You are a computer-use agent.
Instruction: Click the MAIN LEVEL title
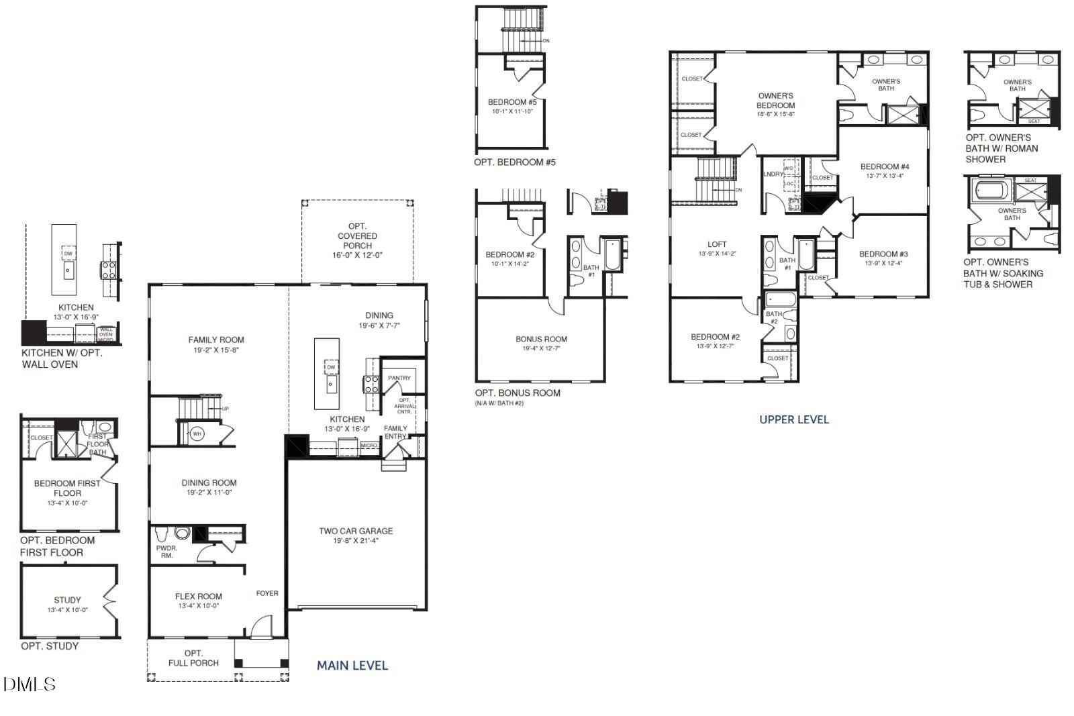(352, 666)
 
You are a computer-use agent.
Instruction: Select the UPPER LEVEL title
(794, 419)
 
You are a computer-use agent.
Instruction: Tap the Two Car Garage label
(356, 531)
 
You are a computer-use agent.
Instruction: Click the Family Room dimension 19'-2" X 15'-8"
(216, 350)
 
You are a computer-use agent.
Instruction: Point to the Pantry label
(399, 378)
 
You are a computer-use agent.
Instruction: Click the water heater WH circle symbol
(197, 434)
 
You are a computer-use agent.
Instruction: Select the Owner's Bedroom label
(775, 101)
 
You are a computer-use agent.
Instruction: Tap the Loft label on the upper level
(717, 244)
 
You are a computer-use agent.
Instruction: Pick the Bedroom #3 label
(883, 254)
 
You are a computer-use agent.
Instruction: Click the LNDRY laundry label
(773, 174)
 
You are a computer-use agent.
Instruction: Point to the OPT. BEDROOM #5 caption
(515, 162)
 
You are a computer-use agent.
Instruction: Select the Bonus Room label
(541, 339)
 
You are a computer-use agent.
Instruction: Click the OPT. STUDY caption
(50, 646)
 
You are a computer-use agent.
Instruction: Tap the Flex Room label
(199, 596)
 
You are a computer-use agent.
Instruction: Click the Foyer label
(267, 593)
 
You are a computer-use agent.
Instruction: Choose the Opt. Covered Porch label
(357, 236)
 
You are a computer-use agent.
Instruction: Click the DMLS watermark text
(30, 684)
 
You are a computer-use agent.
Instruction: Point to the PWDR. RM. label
(166, 552)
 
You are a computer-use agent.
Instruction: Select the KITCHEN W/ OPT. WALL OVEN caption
(62, 358)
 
